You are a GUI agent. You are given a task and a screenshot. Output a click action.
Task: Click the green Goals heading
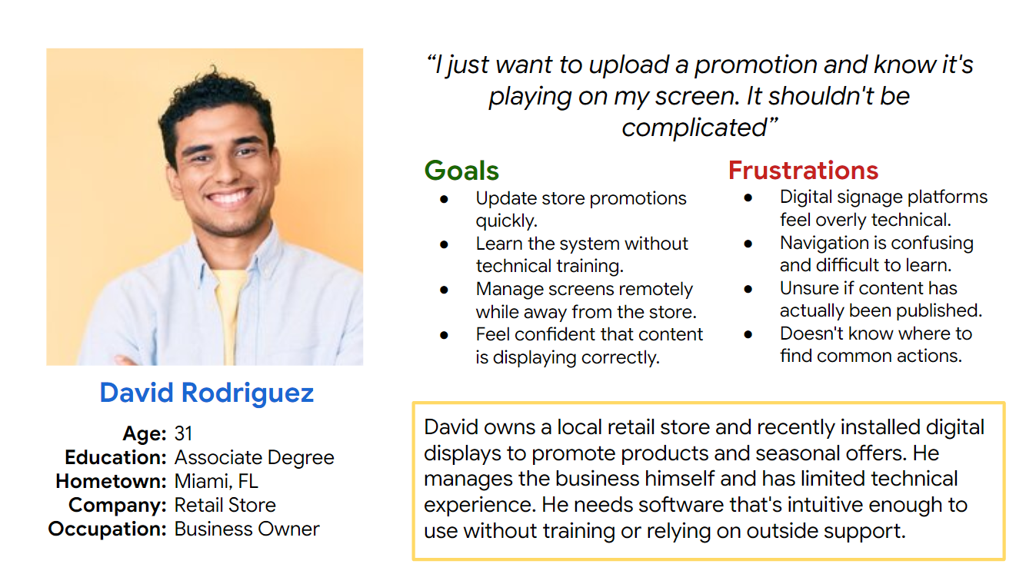coord(461,171)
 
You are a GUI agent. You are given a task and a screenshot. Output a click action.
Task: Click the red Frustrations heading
coord(804,170)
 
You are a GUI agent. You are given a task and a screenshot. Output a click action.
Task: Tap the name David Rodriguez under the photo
coord(207,393)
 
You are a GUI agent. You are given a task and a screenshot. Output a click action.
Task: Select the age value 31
coord(183,433)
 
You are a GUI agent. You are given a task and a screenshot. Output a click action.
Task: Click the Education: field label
coord(115,457)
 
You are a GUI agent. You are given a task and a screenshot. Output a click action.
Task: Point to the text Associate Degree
coord(254,458)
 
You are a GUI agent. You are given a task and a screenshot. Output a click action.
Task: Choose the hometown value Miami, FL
coord(216,482)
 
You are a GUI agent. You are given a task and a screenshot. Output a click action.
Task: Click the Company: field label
coord(118,506)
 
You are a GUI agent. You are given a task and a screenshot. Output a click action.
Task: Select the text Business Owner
coord(247,529)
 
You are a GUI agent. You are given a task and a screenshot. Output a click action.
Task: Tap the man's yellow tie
coord(229,314)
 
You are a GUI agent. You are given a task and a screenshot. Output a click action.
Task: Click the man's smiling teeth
coord(229,197)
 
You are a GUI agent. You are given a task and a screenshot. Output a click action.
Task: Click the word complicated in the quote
coord(695,128)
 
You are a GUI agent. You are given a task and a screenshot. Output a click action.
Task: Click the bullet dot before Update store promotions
coord(444,199)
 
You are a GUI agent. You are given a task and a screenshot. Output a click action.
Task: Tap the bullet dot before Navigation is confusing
coord(748,244)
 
